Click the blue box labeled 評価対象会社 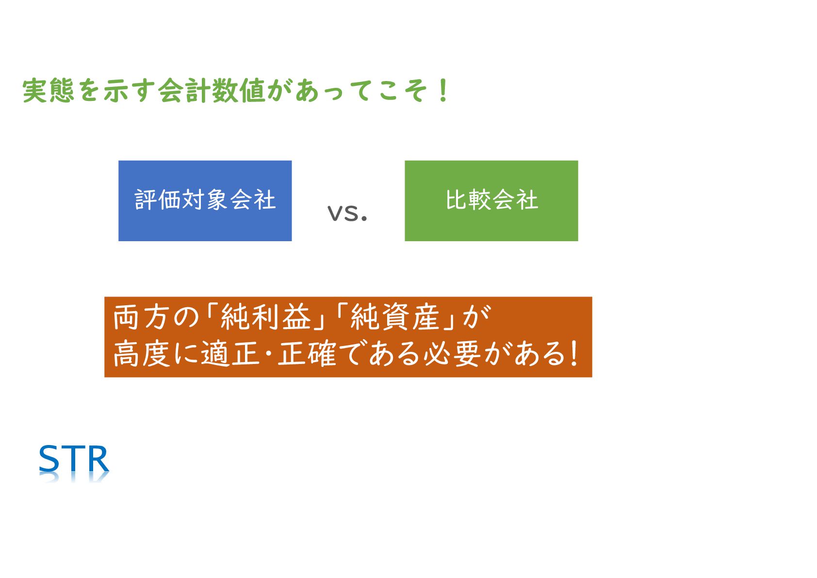point(205,201)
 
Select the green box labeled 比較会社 point(491,201)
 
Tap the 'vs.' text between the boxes point(347,214)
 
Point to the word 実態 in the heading point(49,90)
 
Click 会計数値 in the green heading point(212,90)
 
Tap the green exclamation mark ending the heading point(443,90)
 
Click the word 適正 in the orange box point(230,353)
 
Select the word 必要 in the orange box point(452,353)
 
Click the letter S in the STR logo point(49,459)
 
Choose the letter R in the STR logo point(98,459)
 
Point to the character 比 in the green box point(458,199)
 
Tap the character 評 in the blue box point(146,199)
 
